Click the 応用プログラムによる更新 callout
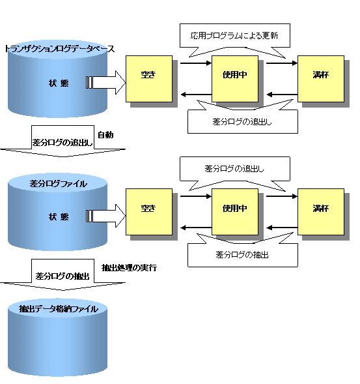[235, 36]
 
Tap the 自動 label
[105, 135]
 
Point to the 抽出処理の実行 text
[129, 268]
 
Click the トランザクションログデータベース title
[59, 49]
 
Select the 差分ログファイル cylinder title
[58, 184]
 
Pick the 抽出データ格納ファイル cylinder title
[59, 309]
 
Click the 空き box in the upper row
[149, 79]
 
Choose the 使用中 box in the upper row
[235, 79]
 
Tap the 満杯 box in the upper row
[321, 79]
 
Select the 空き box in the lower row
[149, 212]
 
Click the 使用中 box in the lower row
[235, 212]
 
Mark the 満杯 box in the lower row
[321, 212]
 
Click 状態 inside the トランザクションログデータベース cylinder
[59, 83]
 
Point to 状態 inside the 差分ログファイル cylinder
[59, 216]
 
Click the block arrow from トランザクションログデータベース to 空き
[105, 83]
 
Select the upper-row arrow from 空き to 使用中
[196, 63]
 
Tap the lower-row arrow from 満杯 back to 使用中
[282, 228]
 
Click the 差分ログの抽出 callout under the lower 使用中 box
[243, 255]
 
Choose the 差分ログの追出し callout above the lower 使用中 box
[235, 169]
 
